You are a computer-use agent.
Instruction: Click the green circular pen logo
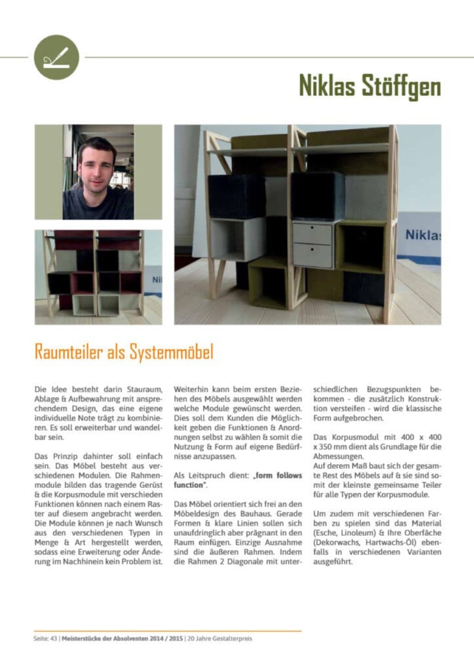point(56,57)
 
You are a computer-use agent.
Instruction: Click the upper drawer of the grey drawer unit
point(312,233)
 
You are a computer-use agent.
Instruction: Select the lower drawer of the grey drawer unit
point(312,255)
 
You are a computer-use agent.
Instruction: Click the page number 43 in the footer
point(53,639)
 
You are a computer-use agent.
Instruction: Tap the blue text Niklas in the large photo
point(422,234)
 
